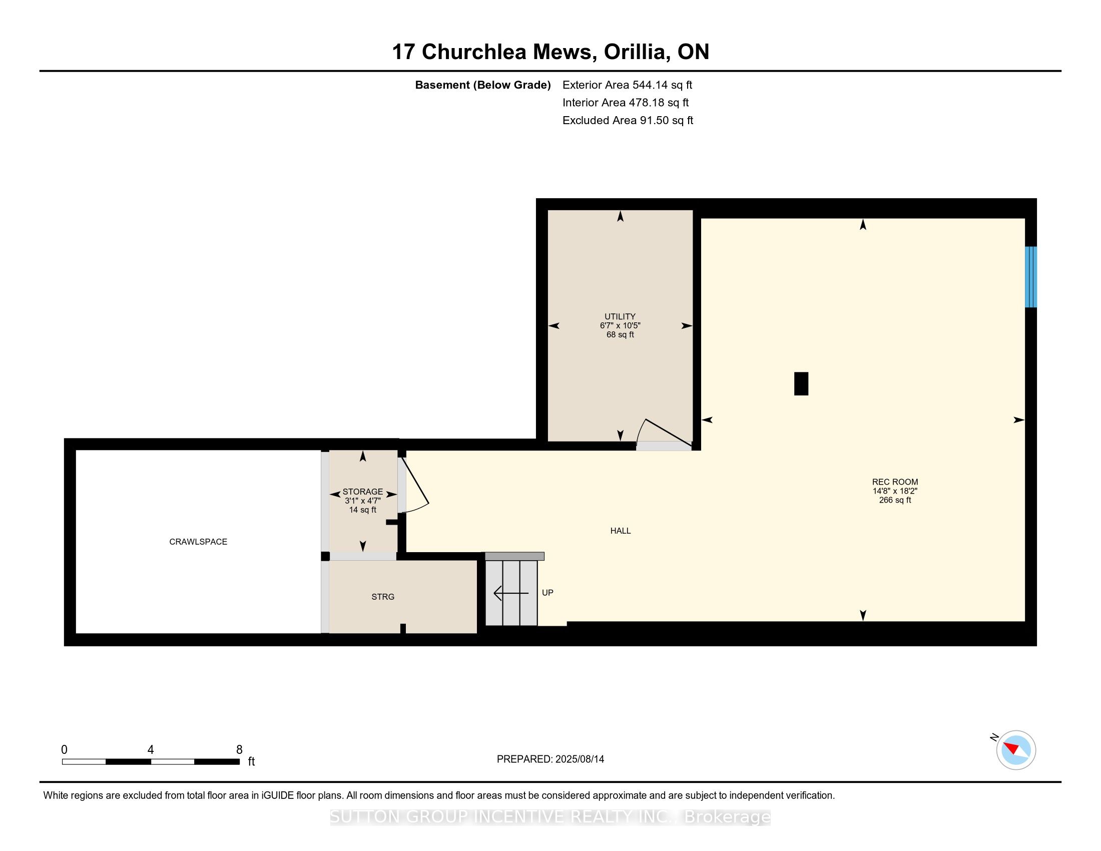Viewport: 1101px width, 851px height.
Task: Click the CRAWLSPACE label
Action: tap(198, 542)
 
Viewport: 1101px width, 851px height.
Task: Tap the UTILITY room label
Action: tap(620, 316)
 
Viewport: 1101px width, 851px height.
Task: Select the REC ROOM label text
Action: tap(895, 482)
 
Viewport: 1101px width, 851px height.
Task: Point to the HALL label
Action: tap(621, 530)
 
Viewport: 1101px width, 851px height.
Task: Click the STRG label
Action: tap(383, 596)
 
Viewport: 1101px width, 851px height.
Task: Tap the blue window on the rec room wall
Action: tap(1031, 277)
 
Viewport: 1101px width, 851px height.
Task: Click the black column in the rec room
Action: tap(801, 383)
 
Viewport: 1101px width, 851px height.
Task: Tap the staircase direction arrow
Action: tap(511, 593)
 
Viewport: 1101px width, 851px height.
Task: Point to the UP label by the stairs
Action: tap(547, 593)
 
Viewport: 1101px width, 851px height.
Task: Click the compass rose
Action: tap(1016, 750)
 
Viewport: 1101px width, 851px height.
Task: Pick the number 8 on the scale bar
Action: tap(239, 749)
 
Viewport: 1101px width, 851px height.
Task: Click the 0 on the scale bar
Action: tap(65, 749)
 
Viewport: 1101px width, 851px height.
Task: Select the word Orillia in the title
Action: tap(637, 52)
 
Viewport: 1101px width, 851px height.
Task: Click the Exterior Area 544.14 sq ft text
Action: tap(627, 85)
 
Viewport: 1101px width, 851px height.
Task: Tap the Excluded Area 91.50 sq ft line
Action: tap(628, 120)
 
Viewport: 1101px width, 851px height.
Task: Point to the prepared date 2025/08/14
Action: tap(580, 759)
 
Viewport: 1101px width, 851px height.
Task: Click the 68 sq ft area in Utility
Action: tap(620, 334)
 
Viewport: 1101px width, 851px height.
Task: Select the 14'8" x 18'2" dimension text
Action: tap(895, 491)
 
